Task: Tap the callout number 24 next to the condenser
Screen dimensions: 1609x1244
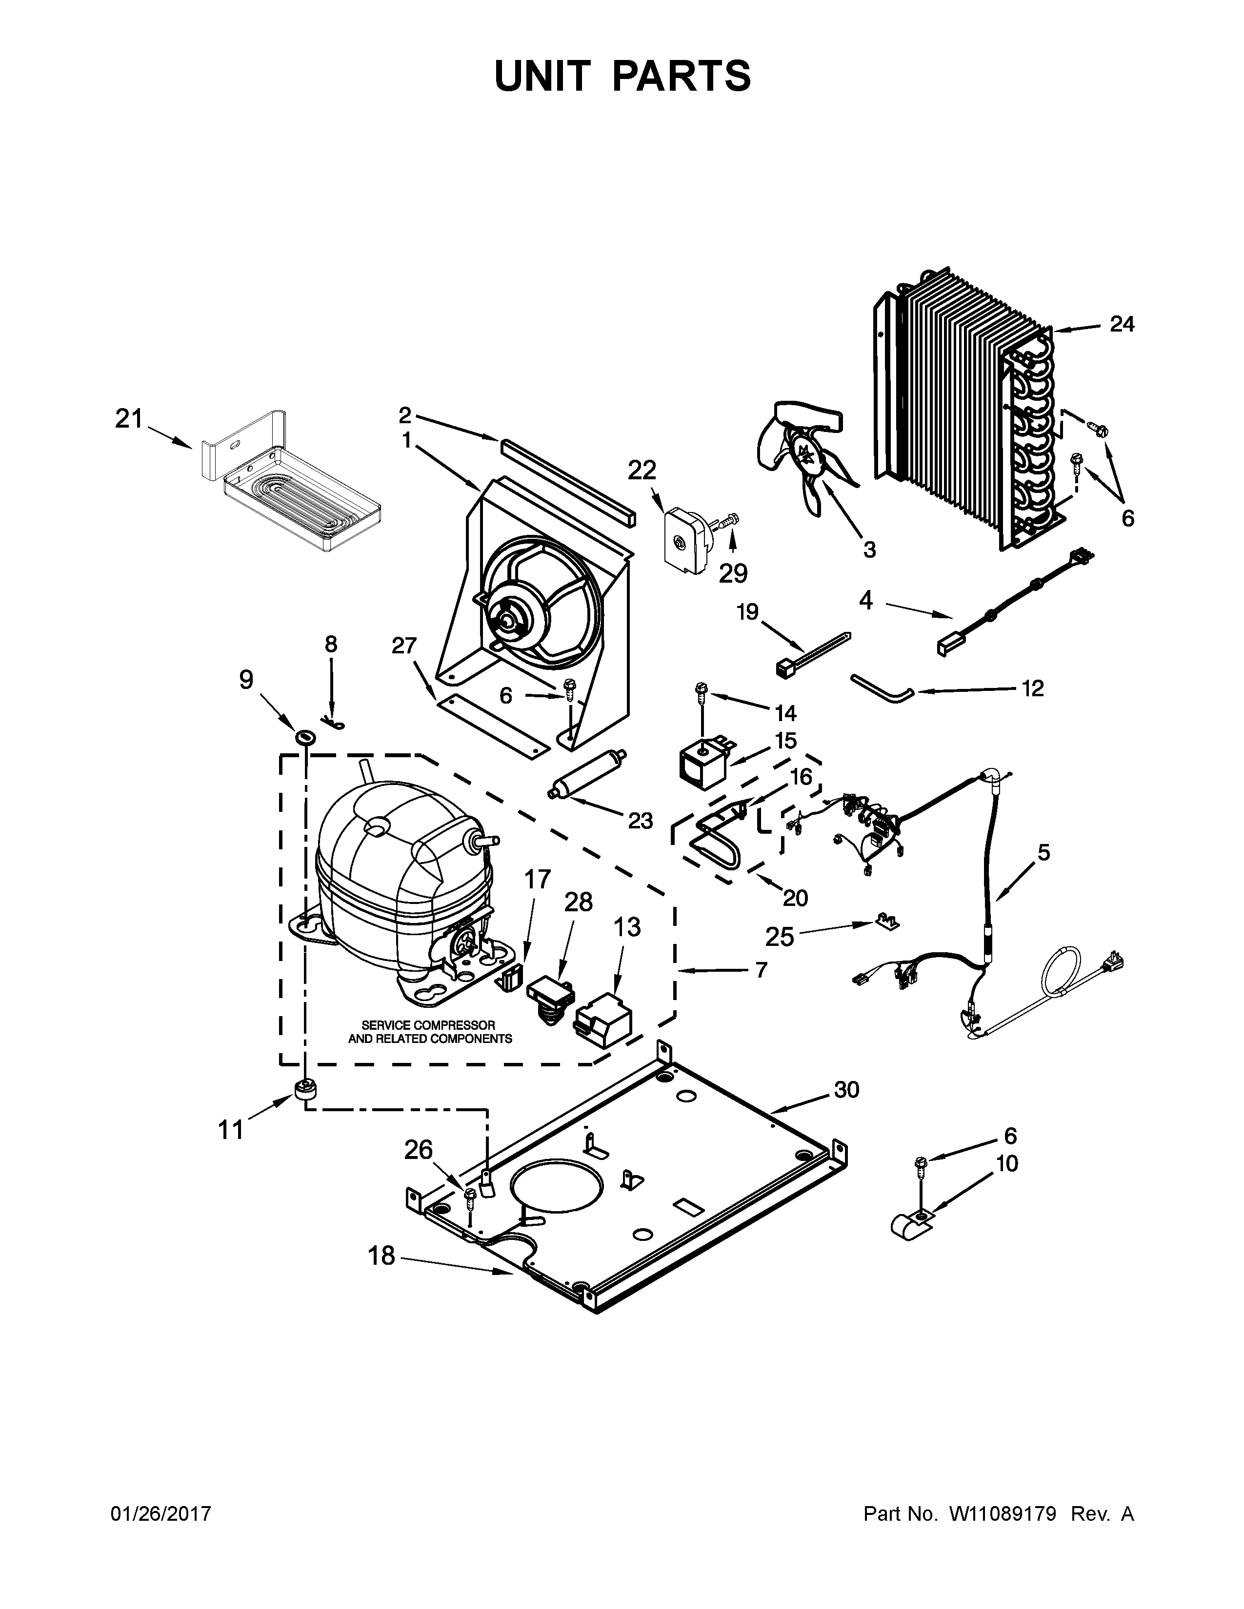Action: pyautogui.click(x=1122, y=324)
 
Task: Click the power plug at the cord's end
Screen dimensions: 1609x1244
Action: pyautogui.click(x=1113, y=961)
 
